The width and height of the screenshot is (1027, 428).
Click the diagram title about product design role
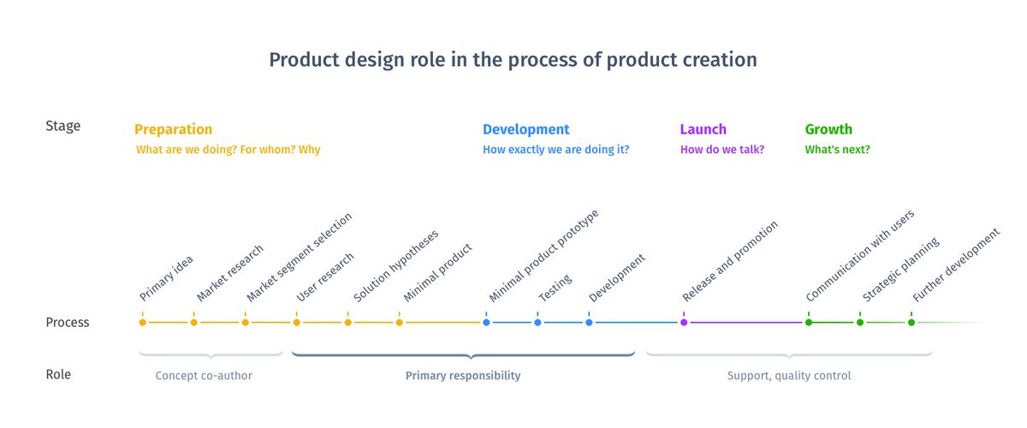tap(513, 60)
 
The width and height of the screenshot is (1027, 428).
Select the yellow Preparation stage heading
tap(173, 129)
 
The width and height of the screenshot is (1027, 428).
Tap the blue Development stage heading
tap(525, 129)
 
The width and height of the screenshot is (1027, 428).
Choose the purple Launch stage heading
tap(703, 129)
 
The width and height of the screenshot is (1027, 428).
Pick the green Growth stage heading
tap(828, 129)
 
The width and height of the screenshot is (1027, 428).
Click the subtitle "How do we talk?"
tap(721, 150)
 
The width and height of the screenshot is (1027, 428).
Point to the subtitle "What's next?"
tap(837, 150)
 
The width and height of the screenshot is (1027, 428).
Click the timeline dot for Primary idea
tap(143, 323)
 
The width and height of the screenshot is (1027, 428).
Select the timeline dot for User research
tap(297, 323)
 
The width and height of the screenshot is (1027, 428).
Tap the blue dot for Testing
tap(537, 323)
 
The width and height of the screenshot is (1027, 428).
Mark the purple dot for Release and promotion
tap(684, 323)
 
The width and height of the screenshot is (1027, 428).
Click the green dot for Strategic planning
tap(860, 323)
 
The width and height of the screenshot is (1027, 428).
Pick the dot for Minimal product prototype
tap(486, 323)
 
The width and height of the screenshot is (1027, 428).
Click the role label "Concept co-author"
tap(204, 376)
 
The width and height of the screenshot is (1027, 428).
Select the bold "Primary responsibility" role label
tap(462, 376)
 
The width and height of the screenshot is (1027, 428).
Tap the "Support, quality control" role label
tap(789, 376)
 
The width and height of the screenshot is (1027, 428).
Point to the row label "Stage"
tap(62, 126)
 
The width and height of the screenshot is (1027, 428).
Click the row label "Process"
tap(67, 323)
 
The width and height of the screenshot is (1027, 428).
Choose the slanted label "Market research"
tap(229, 274)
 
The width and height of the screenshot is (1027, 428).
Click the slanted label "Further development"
tap(955, 265)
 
